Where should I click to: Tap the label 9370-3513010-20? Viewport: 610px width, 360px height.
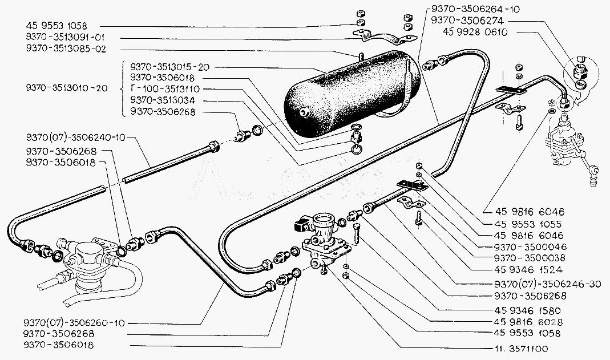coord(66,89)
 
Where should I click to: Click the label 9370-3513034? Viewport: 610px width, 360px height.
coord(163,101)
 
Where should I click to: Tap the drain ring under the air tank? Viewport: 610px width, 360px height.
coord(356,148)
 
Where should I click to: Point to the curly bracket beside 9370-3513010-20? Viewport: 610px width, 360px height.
coord(124,89)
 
